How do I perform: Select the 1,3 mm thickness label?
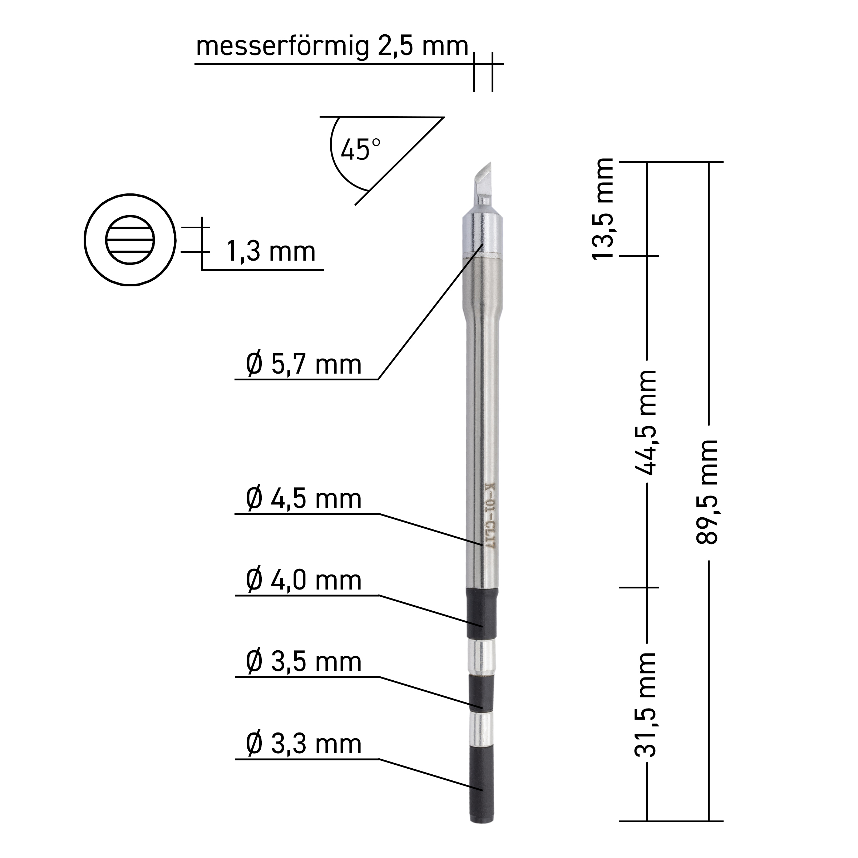(271, 252)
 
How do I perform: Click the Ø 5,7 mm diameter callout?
(304, 365)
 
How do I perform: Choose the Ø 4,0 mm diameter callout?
(304, 581)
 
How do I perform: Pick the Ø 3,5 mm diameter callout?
(304, 662)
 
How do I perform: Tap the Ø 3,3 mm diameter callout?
(304, 744)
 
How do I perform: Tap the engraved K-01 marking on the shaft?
(490, 515)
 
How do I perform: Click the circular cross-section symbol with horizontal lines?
(130, 240)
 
